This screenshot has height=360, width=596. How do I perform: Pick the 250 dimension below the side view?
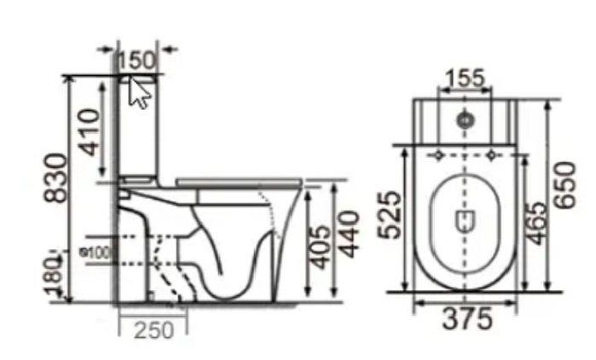[x=154, y=328]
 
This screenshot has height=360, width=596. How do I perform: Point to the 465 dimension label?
[x=535, y=224]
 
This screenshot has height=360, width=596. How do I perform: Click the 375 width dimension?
[x=465, y=319]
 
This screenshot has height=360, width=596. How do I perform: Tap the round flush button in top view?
[x=465, y=119]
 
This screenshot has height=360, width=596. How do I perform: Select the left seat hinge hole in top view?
[x=438, y=155]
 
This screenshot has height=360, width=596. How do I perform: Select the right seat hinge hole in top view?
[x=491, y=155]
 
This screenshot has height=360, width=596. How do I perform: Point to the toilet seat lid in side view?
[x=239, y=182]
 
